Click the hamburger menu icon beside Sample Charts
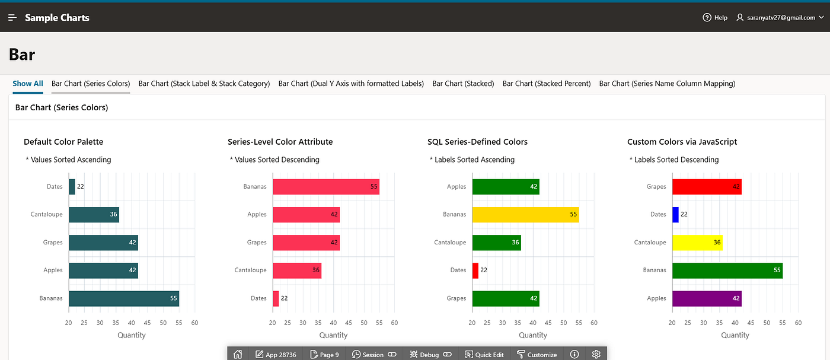(x=12, y=17)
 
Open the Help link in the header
(x=715, y=17)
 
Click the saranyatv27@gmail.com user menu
(x=780, y=17)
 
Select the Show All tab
(x=28, y=84)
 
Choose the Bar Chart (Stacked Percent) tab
(x=547, y=84)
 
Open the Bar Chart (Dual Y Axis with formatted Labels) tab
(x=351, y=84)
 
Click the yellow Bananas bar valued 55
(x=525, y=214)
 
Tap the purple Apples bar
(x=707, y=298)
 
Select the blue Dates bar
(x=675, y=214)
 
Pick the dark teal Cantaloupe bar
(x=94, y=214)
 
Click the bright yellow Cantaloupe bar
(x=697, y=243)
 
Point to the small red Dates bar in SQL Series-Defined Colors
(x=475, y=270)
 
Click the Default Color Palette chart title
(x=63, y=142)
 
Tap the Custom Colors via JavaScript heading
(x=682, y=142)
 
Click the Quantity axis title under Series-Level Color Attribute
(x=333, y=335)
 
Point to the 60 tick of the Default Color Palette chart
(x=194, y=323)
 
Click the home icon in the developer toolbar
(x=238, y=355)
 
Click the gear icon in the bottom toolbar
(x=596, y=355)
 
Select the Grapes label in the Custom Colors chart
(x=656, y=186)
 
